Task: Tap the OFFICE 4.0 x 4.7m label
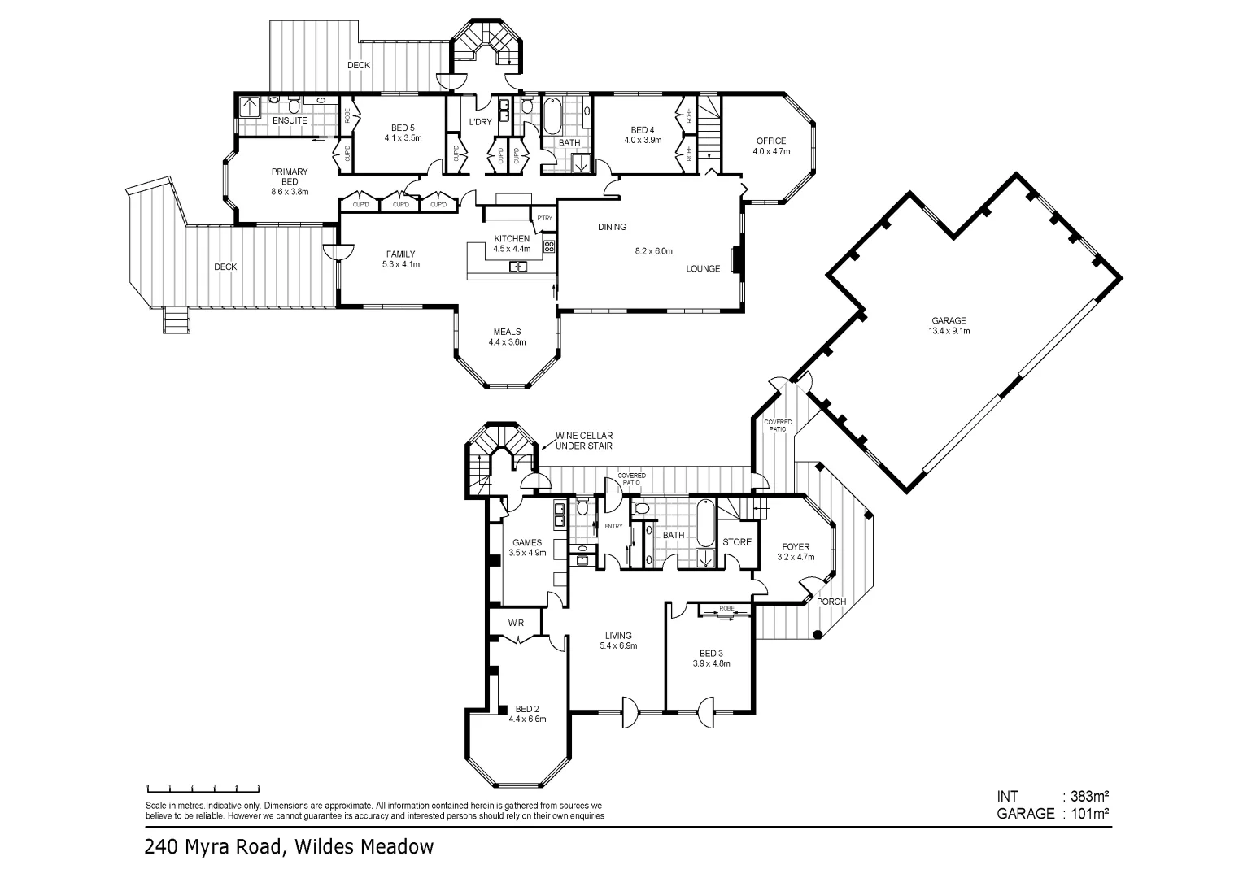pyautogui.click(x=770, y=146)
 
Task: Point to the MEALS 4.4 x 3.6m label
pyautogui.click(x=507, y=337)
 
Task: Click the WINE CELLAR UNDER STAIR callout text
pyautogui.click(x=583, y=441)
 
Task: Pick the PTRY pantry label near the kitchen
pyautogui.click(x=544, y=219)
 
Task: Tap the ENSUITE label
pyautogui.click(x=290, y=120)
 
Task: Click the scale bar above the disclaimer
pyautogui.click(x=203, y=788)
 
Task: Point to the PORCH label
pyautogui.click(x=831, y=602)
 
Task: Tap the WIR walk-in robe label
pyautogui.click(x=516, y=624)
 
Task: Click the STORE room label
pyautogui.click(x=737, y=542)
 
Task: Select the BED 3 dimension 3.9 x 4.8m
pyautogui.click(x=710, y=663)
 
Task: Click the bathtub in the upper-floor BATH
pyautogui.click(x=553, y=116)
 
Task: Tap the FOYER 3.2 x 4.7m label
pyautogui.click(x=796, y=552)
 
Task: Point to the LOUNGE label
pyautogui.click(x=703, y=269)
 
